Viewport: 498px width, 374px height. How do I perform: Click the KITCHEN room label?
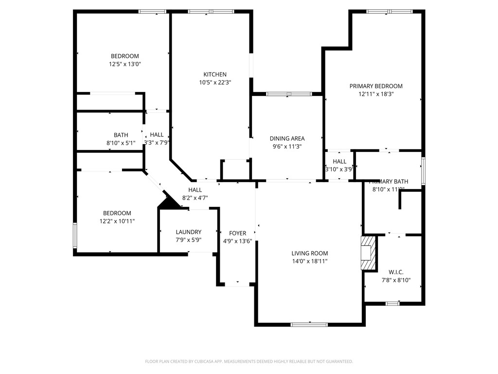pyautogui.click(x=214, y=75)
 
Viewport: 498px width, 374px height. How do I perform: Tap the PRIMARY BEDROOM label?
pyautogui.click(x=376, y=86)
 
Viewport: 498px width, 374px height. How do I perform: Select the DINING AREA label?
pyautogui.click(x=287, y=138)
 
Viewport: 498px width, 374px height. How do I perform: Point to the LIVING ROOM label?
pyautogui.click(x=309, y=253)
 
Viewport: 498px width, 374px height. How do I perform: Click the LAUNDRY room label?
pyautogui.click(x=188, y=232)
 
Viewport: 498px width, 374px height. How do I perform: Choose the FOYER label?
pyautogui.click(x=238, y=233)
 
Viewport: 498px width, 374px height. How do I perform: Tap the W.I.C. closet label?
pyautogui.click(x=396, y=272)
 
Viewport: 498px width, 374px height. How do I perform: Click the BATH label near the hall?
pyautogui.click(x=121, y=135)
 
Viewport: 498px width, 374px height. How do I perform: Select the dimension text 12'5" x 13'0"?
pyautogui.click(x=125, y=64)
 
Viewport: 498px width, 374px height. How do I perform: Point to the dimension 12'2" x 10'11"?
pyautogui.click(x=117, y=221)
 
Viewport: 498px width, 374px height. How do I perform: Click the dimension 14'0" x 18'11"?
pyautogui.click(x=309, y=262)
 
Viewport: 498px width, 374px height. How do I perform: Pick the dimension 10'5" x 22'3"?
pyautogui.click(x=214, y=83)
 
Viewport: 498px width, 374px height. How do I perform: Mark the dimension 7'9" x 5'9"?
pyautogui.click(x=188, y=241)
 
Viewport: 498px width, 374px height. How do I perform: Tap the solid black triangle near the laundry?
pyautogui.click(x=168, y=202)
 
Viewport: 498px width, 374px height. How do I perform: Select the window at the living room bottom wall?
pyautogui.click(x=309, y=324)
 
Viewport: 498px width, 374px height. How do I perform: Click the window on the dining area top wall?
pyautogui.click(x=289, y=93)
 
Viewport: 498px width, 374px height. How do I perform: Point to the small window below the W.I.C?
pyautogui.click(x=392, y=303)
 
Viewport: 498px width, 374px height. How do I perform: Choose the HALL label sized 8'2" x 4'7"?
pyautogui.click(x=195, y=190)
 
